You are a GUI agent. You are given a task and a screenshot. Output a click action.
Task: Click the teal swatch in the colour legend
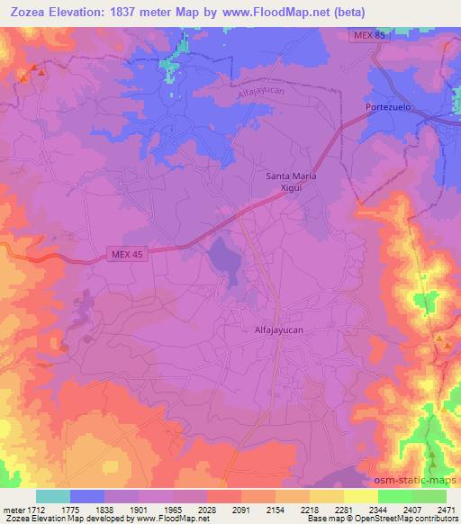[53, 496]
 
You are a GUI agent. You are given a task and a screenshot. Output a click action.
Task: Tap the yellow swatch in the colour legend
[360, 496]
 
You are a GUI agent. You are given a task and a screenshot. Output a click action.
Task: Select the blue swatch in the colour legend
[87, 496]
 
